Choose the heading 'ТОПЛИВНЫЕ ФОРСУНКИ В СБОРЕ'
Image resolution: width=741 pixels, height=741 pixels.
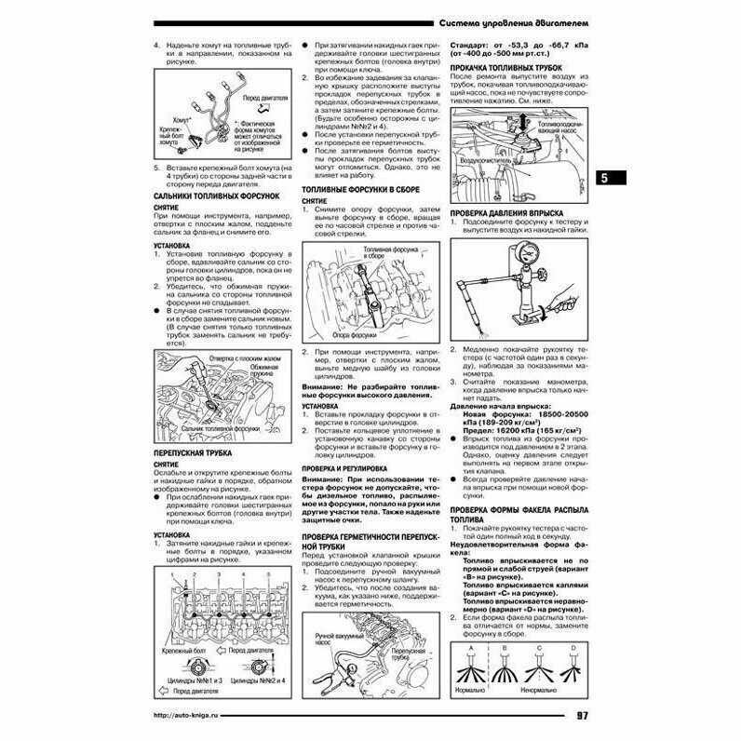tap(361, 189)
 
